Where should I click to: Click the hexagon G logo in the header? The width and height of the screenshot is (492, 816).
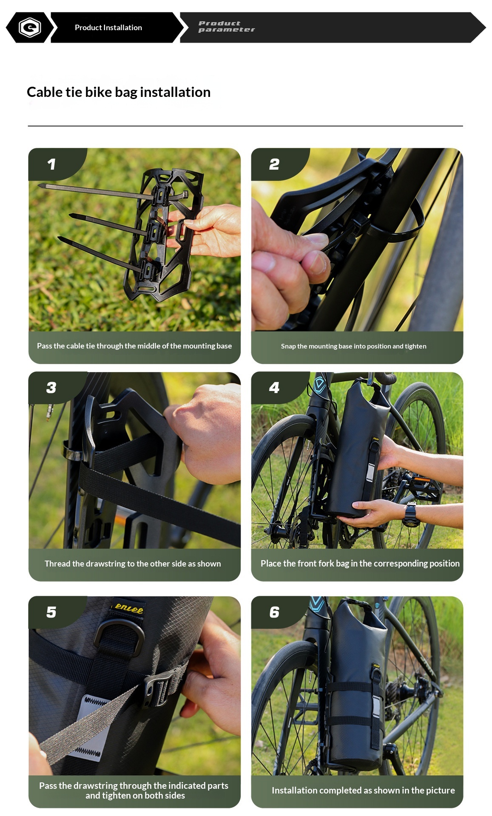coord(30,28)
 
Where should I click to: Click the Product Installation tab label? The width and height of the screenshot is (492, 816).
coord(108,28)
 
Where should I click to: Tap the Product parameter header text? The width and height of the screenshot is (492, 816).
coord(226,26)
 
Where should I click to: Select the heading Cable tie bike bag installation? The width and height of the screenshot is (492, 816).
coord(119,92)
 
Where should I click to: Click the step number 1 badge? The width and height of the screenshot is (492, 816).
coord(51,164)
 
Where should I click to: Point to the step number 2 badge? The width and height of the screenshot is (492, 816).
coord(274,164)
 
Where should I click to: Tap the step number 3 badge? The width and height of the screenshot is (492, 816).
coord(51,388)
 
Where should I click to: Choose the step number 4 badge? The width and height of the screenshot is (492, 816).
coord(274,388)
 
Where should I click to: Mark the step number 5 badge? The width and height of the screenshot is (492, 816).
coord(51,612)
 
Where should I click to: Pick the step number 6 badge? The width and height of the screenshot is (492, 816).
coord(274,612)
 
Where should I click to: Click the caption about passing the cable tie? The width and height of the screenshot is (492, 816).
coord(134,346)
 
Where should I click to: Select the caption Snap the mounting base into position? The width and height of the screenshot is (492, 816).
coord(354,346)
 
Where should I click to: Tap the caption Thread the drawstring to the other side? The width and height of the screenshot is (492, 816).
coord(133,564)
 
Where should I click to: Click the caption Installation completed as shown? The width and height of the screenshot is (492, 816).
coord(363,790)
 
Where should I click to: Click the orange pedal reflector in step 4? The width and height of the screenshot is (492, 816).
coord(422,480)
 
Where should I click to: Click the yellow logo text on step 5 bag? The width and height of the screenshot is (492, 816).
coord(129,608)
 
